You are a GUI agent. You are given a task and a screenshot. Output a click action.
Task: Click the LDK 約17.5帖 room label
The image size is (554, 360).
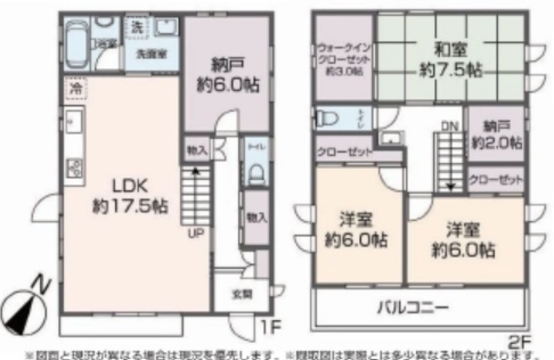coord(130,197)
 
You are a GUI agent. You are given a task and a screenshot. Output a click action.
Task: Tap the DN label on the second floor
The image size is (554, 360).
coord(449,127)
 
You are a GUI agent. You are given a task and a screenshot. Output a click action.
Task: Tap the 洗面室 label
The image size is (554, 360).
coord(150,55)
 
